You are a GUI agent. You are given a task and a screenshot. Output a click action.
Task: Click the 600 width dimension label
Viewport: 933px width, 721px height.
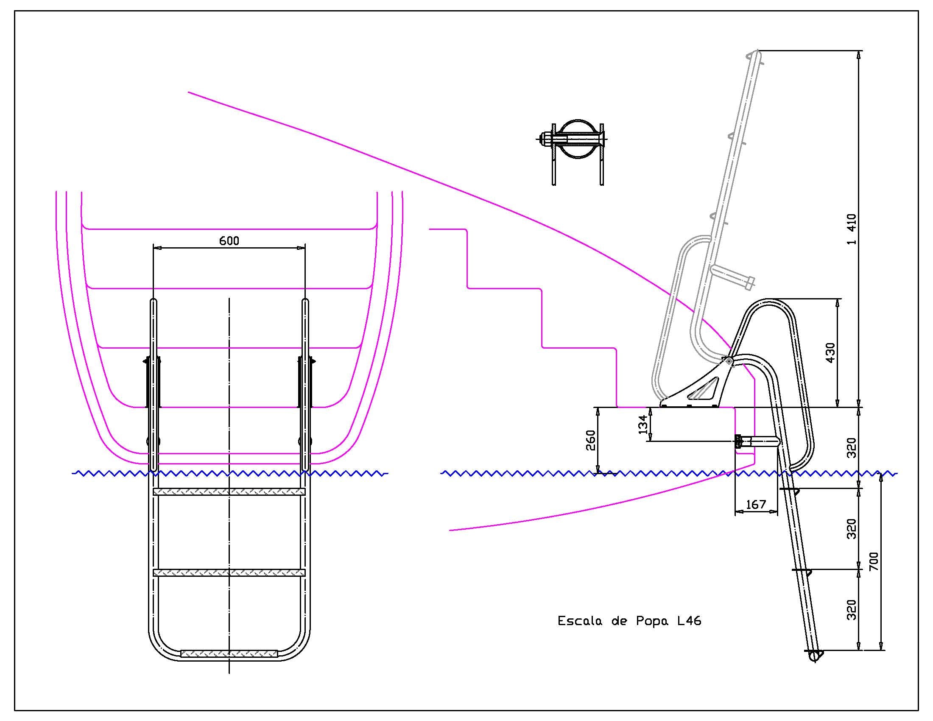[x=229, y=241]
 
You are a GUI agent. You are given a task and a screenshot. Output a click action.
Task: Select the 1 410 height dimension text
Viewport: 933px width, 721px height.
[x=852, y=229]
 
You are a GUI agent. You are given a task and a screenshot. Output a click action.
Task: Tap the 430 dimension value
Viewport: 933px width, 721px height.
[x=830, y=353]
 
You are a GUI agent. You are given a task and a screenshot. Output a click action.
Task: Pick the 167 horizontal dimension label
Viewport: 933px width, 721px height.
[x=756, y=504]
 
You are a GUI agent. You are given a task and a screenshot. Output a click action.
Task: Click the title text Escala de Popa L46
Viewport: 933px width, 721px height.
[x=629, y=620]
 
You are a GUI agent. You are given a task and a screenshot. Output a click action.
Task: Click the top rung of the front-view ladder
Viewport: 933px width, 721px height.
[x=229, y=492]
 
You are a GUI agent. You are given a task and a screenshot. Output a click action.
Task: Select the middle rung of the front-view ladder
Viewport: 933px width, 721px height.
[x=229, y=573]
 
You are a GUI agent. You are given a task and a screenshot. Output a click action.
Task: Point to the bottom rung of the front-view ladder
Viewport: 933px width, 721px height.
[x=229, y=654]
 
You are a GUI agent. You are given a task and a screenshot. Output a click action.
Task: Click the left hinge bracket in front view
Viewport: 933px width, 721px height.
[x=153, y=382]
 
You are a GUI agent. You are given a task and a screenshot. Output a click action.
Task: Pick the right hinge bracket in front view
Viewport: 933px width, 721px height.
[x=306, y=382]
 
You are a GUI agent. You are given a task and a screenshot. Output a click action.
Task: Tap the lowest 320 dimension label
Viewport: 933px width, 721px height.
[x=852, y=609]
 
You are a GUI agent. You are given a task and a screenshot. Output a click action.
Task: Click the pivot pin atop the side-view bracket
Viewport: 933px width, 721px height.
[x=728, y=361]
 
